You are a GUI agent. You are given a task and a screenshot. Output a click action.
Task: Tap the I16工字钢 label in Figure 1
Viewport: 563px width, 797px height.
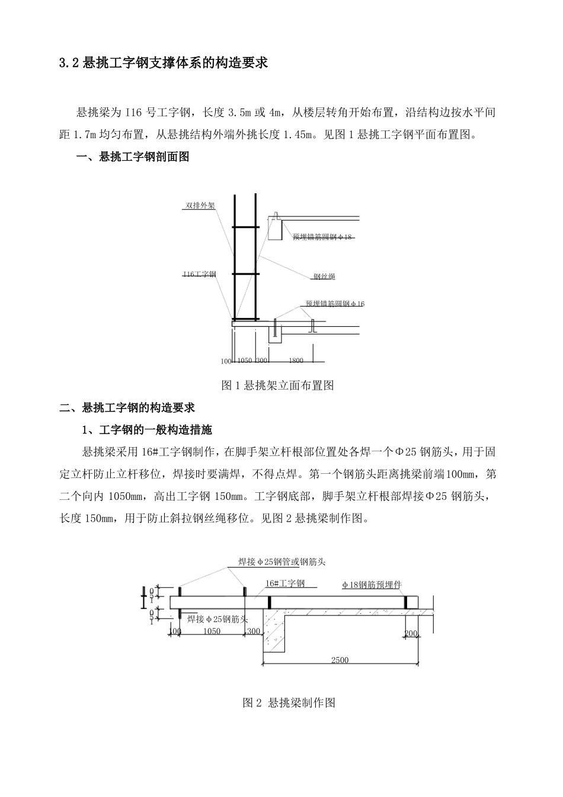[x=199, y=274]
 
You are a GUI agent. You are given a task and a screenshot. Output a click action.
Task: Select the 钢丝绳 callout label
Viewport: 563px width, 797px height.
[x=324, y=277]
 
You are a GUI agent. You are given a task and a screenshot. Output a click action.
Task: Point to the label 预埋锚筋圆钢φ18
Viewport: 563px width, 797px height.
[x=322, y=237]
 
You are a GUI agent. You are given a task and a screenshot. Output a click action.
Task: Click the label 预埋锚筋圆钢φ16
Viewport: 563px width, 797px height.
[x=335, y=304]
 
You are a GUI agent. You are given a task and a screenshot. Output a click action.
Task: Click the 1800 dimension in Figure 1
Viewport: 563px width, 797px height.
[x=296, y=361]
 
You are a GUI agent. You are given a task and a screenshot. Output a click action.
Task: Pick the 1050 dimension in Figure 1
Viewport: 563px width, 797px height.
[x=244, y=361]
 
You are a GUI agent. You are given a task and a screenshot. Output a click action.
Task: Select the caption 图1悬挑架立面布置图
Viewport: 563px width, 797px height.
[x=277, y=385]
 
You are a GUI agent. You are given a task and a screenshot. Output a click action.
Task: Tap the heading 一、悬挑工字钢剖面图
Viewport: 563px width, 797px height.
[x=133, y=157]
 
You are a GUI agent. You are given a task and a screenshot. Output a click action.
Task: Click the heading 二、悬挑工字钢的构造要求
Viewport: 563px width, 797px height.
[x=127, y=408]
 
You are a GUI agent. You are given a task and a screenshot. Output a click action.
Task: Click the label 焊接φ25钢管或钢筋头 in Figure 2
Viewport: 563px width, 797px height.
[x=282, y=562]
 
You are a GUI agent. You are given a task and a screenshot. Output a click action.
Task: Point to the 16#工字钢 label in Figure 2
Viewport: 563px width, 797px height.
[x=285, y=584]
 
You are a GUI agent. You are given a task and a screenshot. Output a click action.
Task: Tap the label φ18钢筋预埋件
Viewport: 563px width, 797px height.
[x=372, y=585]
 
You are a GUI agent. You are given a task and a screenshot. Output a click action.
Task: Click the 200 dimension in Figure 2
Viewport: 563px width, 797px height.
[x=411, y=634]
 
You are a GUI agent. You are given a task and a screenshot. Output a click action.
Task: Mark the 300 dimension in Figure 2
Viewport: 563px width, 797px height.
[x=254, y=632]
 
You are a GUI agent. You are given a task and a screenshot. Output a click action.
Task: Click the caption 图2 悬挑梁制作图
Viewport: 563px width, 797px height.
[x=289, y=703]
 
